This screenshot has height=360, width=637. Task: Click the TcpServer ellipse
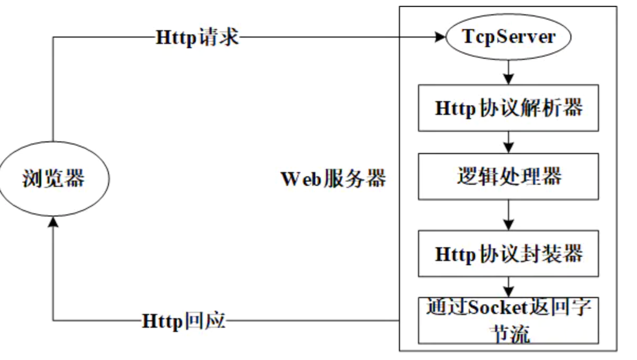(x=508, y=37)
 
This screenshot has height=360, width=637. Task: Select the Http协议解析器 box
(x=508, y=108)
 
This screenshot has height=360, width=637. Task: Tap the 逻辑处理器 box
(x=508, y=176)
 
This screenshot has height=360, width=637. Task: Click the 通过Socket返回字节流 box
(x=508, y=320)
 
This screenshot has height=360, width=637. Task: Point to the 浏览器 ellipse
(x=53, y=178)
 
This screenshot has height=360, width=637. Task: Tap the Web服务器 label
(x=333, y=179)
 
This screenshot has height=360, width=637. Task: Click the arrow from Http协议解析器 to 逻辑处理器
(x=508, y=142)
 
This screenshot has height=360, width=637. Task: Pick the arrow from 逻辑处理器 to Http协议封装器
(x=508, y=214)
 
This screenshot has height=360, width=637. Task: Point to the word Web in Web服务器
(x=301, y=179)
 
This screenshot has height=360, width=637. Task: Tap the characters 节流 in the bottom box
(x=508, y=334)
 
